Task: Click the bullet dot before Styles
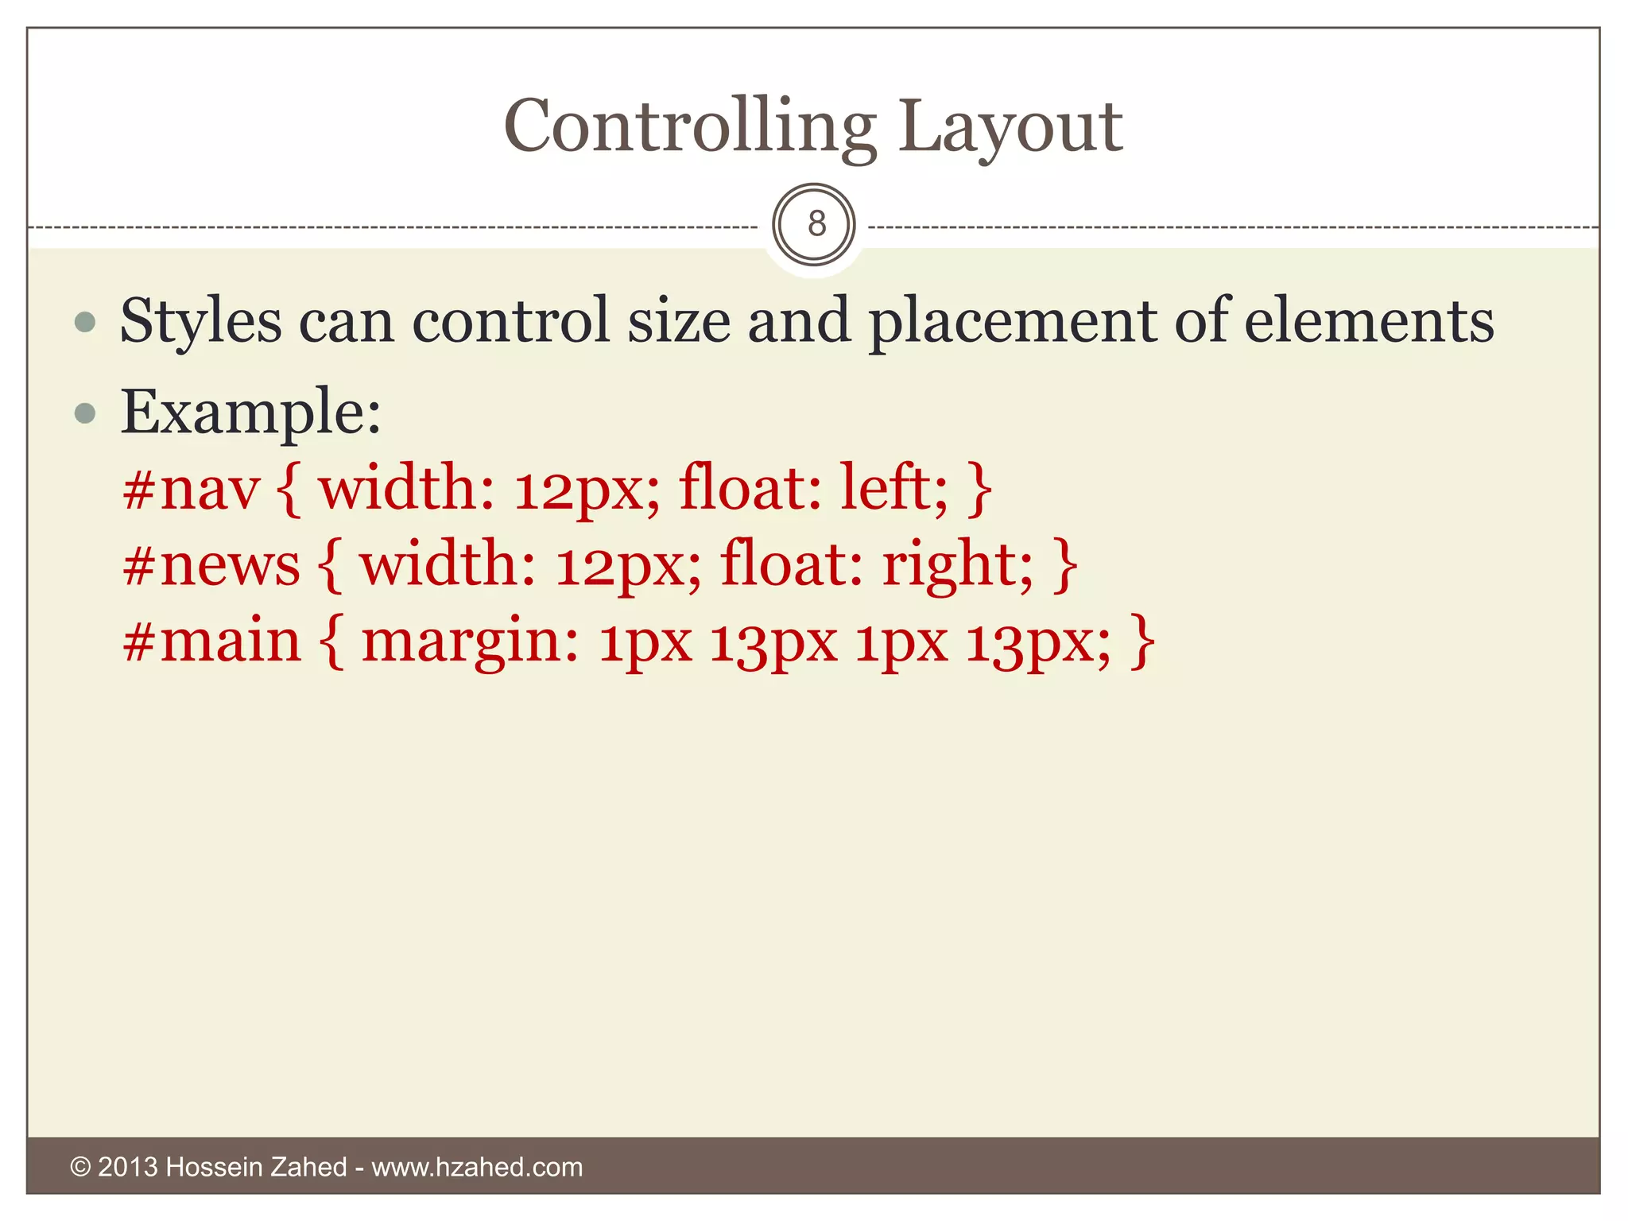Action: (84, 323)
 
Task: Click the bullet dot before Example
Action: (84, 413)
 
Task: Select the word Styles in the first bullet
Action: (200, 321)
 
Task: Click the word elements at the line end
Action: (1368, 321)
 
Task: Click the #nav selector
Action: (191, 488)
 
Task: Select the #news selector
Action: (211, 564)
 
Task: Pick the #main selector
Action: (212, 641)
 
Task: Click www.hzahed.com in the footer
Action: (477, 1167)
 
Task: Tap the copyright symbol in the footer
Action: (80, 1167)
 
